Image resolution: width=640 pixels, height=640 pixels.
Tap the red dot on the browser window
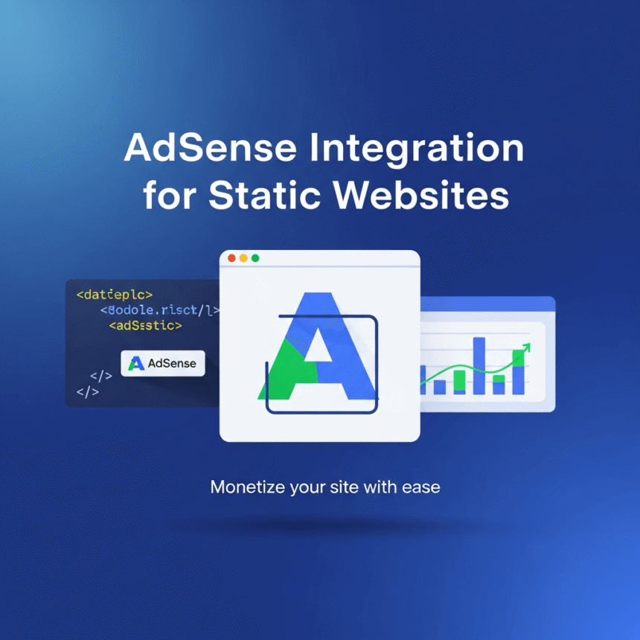(231, 258)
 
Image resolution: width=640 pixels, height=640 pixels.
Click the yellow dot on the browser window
(243, 258)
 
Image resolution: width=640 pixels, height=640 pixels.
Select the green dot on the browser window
(255, 258)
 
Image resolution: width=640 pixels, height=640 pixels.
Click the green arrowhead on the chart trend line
(527, 346)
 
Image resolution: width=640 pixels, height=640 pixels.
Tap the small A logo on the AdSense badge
(135, 363)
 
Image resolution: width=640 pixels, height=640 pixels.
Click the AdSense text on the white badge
(172, 363)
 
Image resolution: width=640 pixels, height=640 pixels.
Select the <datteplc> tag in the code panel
(114, 295)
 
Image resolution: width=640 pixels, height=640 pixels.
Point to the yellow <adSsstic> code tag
(145, 325)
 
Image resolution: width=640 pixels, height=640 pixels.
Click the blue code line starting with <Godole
(161, 310)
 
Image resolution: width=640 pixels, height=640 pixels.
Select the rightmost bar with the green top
(519, 371)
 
